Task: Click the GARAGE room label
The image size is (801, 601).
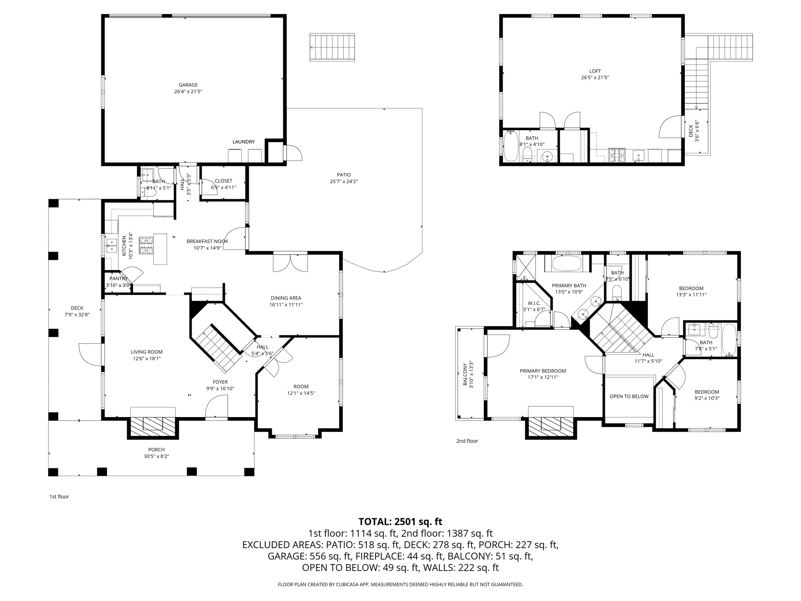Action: coord(188,85)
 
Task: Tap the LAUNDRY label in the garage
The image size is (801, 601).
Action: coord(244,142)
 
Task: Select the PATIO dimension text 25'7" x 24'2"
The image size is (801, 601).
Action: coord(344,182)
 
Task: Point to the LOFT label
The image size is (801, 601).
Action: coord(595,71)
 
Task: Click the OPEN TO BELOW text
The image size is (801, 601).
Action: coord(629,396)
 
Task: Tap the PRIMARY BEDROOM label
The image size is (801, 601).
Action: coord(542,371)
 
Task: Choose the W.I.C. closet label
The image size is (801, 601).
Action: coord(534,303)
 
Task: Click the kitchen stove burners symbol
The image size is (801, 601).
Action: coord(145,245)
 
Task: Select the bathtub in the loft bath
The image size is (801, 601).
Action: coord(511,146)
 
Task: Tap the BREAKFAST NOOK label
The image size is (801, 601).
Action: coord(207,241)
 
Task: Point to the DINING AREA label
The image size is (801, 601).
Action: coord(286,298)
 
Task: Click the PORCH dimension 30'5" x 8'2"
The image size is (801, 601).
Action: coord(156,456)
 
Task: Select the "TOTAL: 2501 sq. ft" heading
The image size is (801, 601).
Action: coord(400,522)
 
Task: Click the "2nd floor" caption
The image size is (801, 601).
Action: coord(467,441)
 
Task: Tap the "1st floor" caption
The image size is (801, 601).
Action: coord(59,497)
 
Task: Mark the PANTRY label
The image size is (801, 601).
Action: coord(119,279)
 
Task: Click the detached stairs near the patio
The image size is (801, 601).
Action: coord(332,47)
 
